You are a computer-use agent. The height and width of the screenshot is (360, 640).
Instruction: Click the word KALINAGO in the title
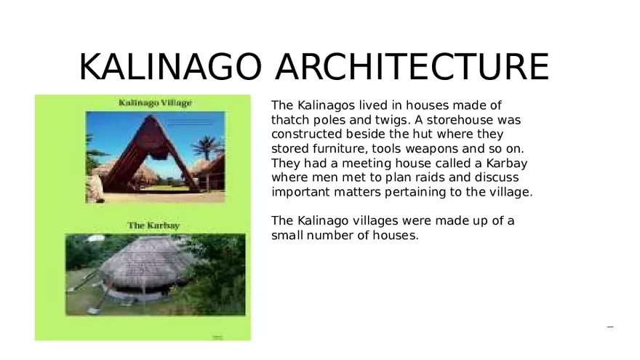(x=169, y=67)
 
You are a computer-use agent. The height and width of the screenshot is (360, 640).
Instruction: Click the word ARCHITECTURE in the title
(x=412, y=67)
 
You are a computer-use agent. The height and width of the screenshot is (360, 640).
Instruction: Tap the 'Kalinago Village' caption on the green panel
(x=155, y=103)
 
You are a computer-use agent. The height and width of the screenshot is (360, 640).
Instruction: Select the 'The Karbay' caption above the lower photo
(x=153, y=225)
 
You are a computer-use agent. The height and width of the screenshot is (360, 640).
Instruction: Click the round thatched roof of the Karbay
(x=145, y=258)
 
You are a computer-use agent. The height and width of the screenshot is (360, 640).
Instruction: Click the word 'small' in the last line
(x=288, y=235)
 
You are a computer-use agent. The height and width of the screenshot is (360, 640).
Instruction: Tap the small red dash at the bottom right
(x=610, y=327)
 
